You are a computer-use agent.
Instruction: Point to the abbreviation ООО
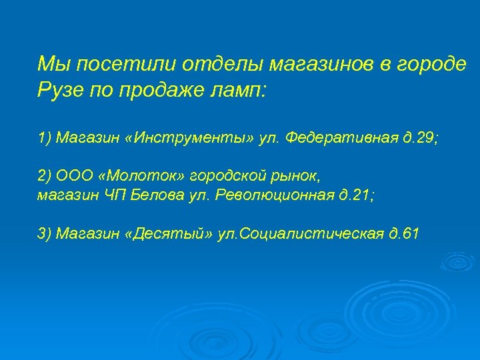tap(75, 177)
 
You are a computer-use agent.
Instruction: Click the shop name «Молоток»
tap(142, 177)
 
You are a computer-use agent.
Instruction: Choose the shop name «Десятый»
tap(169, 233)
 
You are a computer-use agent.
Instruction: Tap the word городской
tap(223, 177)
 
